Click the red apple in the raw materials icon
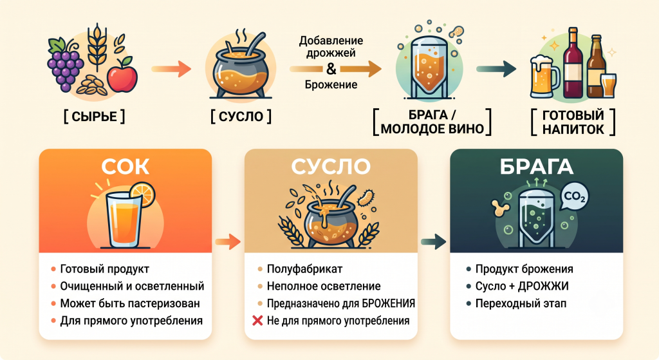(x=122, y=75)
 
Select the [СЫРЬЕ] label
(x=94, y=117)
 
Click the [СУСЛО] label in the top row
(x=241, y=117)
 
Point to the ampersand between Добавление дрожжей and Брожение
(x=331, y=68)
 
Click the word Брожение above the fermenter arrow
(x=331, y=84)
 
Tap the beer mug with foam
(x=544, y=76)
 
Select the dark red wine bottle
(x=573, y=63)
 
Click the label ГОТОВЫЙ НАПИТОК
(x=573, y=122)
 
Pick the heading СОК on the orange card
(x=125, y=167)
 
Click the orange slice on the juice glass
(x=142, y=194)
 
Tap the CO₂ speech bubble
(x=574, y=196)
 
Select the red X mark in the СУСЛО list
(x=257, y=321)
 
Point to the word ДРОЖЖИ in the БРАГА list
(x=543, y=286)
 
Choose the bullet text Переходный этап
(x=521, y=303)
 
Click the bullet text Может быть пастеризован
(x=130, y=303)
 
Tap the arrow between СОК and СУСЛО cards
(x=228, y=242)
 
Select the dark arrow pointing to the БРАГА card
(x=433, y=242)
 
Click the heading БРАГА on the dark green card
(x=537, y=167)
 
